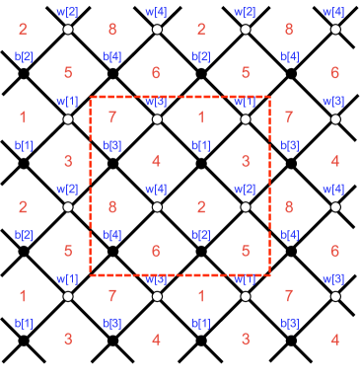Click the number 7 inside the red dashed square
[111, 118]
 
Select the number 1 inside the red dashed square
[200, 118]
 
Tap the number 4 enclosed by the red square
[156, 161]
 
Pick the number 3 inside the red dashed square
[245, 161]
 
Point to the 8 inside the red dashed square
[111, 207]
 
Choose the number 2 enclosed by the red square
[200, 207]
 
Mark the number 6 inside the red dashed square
[156, 251]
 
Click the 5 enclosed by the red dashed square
[245, 251]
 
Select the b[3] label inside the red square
[112, 146]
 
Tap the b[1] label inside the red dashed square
[200, 146]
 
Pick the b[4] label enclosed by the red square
[112, 235]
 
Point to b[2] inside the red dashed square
[200, 235]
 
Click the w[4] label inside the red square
[156, 189]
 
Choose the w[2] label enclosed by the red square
[245, 189]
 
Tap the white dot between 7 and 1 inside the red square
[157, 119]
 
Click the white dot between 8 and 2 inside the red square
[157, 207]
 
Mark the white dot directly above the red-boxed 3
[246, 119]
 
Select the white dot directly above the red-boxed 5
[246, 207]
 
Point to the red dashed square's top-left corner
[91, 98]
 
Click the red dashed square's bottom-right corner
[269, 274]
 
